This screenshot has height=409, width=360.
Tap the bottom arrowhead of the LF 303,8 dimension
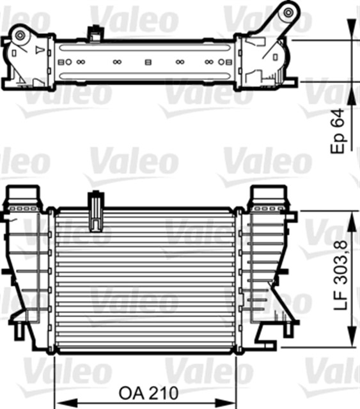pos(350,344)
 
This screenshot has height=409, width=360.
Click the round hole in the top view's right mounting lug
pos(288,12)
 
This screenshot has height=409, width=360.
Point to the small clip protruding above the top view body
pos(96,30)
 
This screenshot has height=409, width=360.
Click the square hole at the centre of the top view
pos(148,63)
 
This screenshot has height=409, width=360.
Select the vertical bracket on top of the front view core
pos(96,212)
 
